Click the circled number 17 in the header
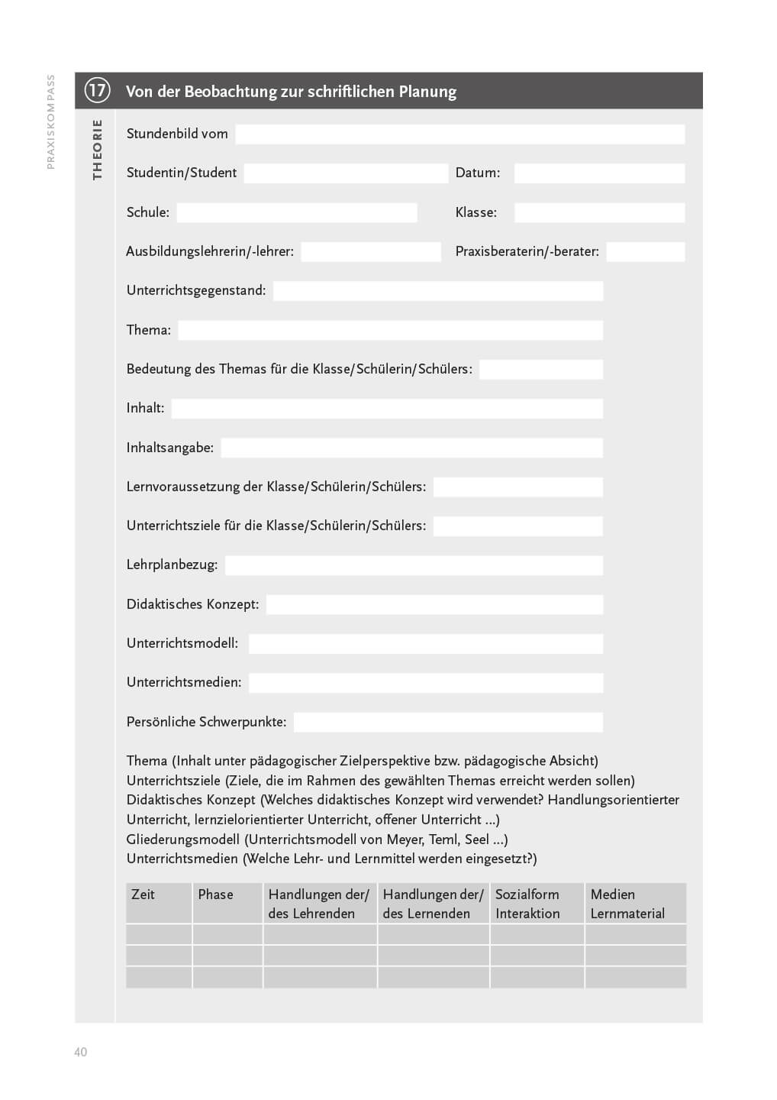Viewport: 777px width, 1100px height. tap(97, 91)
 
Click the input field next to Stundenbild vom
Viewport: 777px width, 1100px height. tap(459, 134)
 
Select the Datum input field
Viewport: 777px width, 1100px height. tap(599, 173)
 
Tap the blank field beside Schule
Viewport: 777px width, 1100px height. tap(297, 212)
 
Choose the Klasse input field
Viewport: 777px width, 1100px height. tap(599, 212)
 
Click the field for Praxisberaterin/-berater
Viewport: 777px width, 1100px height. tap(645, 252)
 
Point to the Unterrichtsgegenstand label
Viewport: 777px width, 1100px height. tap(196, 290)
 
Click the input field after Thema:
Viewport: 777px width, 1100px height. tap(390, 330)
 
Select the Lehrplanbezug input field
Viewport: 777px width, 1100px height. tap(414, 565)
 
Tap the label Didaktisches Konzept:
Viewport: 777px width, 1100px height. tap(192, 604)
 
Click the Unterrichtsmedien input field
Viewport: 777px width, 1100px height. tap(426, 683)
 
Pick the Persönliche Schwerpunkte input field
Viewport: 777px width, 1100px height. tap(448, 722)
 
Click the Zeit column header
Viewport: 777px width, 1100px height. tap(143, 895)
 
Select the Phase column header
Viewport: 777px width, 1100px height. tap(215, 895)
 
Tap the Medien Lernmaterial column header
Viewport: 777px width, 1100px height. tap(627, 904)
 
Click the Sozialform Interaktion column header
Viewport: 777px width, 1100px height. tap(527, 904)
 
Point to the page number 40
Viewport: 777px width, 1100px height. tap(80, 1052)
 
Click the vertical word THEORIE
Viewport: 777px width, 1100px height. tap(97, 150)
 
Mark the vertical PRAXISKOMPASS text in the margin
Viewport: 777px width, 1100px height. tap(51, 121)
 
